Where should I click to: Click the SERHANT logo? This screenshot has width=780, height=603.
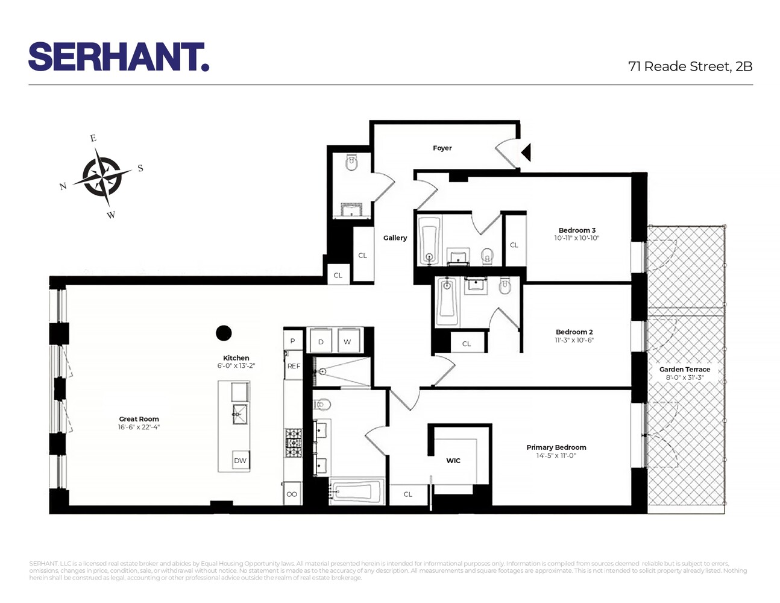tap(119, 57)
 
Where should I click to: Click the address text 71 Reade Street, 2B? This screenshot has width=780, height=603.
tap(690, 66)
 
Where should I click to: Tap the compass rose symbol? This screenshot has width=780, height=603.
tap(102, 176)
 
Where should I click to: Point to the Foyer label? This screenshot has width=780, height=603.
tap(442, 148)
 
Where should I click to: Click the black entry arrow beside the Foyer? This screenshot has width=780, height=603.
tap(526, 152)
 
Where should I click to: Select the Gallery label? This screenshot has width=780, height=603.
tap(395, 238)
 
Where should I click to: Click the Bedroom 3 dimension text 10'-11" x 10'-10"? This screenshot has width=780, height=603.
tap(576, 238)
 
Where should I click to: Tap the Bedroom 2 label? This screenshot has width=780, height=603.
tap(574, 332)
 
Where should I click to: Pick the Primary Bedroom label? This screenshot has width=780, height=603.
tap(556, 447)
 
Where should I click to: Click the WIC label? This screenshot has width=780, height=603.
tap(453, 461)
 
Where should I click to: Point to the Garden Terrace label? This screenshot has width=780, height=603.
tap(684, 369)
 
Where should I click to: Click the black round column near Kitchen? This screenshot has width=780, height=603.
tap(224, 332)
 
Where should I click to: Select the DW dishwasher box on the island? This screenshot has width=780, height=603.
tap(241, 460)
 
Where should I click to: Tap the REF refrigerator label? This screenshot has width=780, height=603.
tap(294, 366)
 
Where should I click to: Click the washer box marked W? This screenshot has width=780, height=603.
tap(348, 341)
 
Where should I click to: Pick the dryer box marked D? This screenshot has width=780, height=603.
tap(321, 341)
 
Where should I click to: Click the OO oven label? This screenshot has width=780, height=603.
tap(292, 494)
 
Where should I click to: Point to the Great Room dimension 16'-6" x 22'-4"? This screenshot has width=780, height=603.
tap(139, 427)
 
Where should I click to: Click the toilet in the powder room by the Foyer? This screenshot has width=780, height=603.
tap(352, 163)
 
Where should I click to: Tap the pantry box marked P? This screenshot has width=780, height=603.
tap(292, 341)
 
